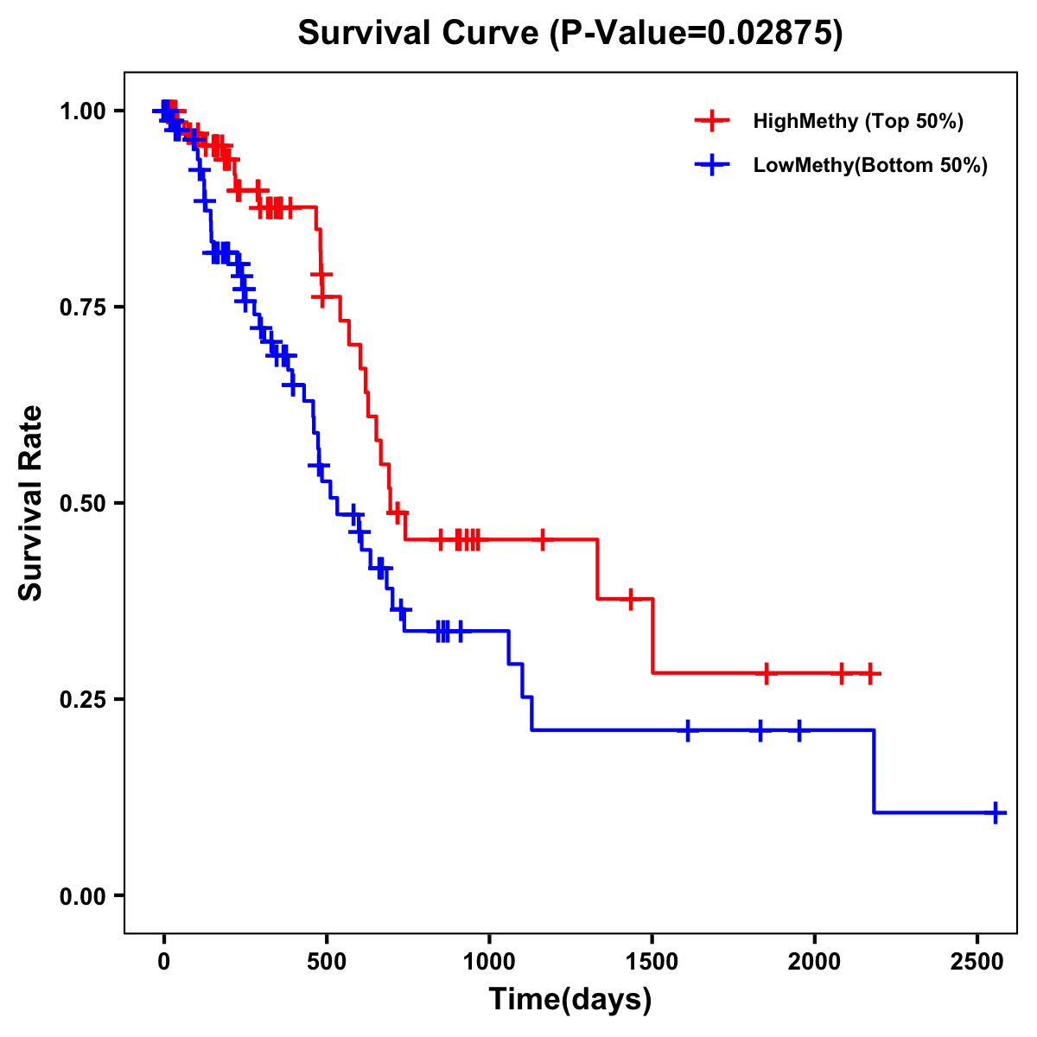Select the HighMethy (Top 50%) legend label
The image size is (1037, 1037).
click(857, 121)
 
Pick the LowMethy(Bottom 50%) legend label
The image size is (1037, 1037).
click(870, 165)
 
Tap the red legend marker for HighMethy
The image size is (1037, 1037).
click(713, 121)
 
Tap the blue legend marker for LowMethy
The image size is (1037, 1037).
click(713, 165)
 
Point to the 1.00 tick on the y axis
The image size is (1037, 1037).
click(83, 111)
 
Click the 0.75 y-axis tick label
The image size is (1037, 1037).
click(83, 307)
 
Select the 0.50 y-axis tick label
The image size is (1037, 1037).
click(83, 503)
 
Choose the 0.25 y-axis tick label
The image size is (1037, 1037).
click(83, 699)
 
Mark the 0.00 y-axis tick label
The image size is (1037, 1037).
click(83, 895)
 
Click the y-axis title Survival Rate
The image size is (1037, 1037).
click(31, 503)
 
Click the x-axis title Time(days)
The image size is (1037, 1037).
click(570, 1000)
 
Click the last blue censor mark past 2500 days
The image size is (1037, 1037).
click(996, 812)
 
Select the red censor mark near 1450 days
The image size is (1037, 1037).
click(631, 598)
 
